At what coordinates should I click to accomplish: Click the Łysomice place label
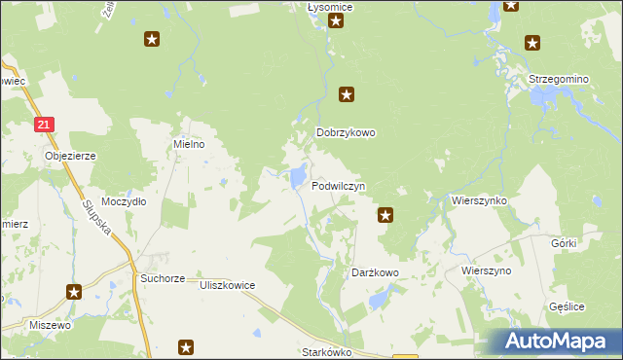point(329,7)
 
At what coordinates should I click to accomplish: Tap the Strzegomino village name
point(559,79)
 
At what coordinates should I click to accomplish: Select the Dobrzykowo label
point(346,133)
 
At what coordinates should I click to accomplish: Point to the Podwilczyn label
point(339,185)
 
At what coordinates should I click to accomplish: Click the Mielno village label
point(188,144)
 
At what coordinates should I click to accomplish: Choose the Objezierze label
point(67,155)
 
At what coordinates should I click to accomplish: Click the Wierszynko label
point(479,199)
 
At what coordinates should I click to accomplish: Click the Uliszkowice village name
point(227,285)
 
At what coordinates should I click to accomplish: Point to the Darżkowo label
point(375,273)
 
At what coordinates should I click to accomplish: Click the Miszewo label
point(50,325)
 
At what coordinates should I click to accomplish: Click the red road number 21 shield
point(45,125)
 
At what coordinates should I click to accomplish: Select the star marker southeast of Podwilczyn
point(385,215)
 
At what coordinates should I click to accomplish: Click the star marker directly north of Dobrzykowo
point(346,94)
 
